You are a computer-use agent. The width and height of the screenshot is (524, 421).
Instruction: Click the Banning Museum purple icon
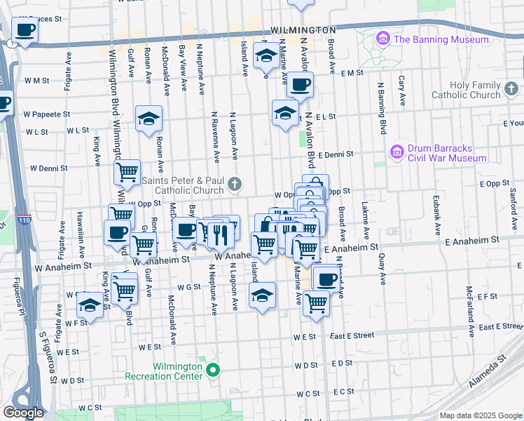click(x=383, y=39)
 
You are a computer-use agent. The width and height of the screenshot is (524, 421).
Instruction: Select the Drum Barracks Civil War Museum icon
click(x=397, y=152)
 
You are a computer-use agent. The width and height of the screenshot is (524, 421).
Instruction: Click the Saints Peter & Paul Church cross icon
click(x=235, y=185)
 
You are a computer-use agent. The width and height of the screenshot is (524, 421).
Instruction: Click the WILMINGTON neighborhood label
click(x=303, y=31)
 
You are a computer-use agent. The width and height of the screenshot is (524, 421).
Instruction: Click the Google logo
click(x=23, y=412)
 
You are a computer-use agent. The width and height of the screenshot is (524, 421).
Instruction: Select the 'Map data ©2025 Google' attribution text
click(x=481, y=415)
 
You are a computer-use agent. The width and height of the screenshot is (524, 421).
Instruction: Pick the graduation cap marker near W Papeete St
click(x=149, y=119)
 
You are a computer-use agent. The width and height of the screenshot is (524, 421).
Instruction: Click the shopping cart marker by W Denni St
click(x=127, y=171)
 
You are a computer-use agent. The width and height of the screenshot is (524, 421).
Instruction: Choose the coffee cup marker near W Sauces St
click(x=25, y=31)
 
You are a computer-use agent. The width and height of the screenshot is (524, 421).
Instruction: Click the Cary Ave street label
click(x=401, y=91)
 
